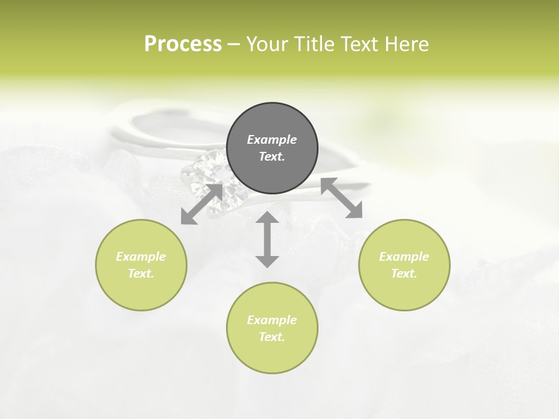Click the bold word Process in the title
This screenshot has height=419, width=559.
click(183, 44)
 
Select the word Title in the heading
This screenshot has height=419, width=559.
click(317, 44)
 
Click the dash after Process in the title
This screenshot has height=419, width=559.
click(234, 45)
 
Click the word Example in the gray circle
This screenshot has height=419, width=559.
click(272, 140)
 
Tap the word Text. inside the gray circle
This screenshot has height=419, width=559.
click(272, 157)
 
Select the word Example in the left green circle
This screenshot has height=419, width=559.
click(141, 257)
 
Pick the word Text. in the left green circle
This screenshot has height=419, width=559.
click(141, 274)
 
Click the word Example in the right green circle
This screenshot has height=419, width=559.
click(404, 257)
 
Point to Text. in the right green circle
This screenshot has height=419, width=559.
click(404, 274)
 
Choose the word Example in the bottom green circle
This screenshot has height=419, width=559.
click(272, 320)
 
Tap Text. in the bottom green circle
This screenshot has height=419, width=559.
click(272, 337)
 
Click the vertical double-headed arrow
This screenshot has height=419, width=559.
click(267, 239)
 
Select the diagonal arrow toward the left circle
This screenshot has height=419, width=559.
click(202, 204)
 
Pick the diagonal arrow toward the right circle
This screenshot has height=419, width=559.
click(342, 198)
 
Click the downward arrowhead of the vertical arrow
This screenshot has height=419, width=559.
click(267, 260)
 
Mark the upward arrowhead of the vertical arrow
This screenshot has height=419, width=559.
click(267, 219)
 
